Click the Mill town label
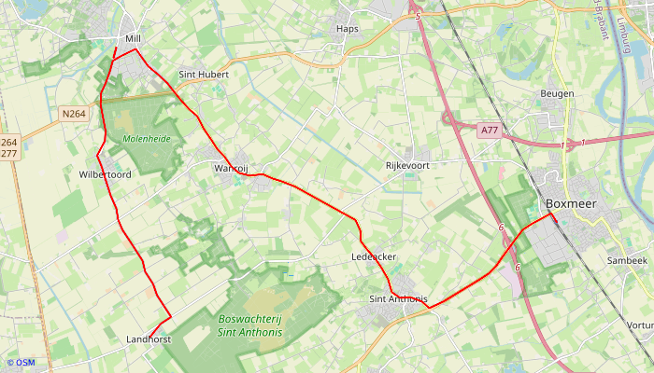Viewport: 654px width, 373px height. click(132, 39)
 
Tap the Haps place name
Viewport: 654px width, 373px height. click(347, 29)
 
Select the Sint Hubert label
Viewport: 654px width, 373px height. click(203, 74)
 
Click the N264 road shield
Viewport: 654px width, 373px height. click(74, 114)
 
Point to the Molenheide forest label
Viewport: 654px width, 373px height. click(147, 138)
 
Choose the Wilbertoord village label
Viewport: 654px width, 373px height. click(105, 174)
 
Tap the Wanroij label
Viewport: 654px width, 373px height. click(231, 168)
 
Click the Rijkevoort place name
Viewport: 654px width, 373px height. click(407, 165)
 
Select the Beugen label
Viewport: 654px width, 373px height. click(557, 94)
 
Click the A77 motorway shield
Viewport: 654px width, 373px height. click(490, 131)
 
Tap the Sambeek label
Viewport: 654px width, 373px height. click(627, 260)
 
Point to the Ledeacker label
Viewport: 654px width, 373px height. click(374, 256)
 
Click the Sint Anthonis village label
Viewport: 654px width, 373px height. click(399, 299)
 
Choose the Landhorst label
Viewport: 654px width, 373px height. click(149, 340)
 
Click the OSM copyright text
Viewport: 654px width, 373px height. click(21, 363)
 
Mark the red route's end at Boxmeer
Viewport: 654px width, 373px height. click(550, 214)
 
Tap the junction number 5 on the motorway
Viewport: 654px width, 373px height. click(419, 17)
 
